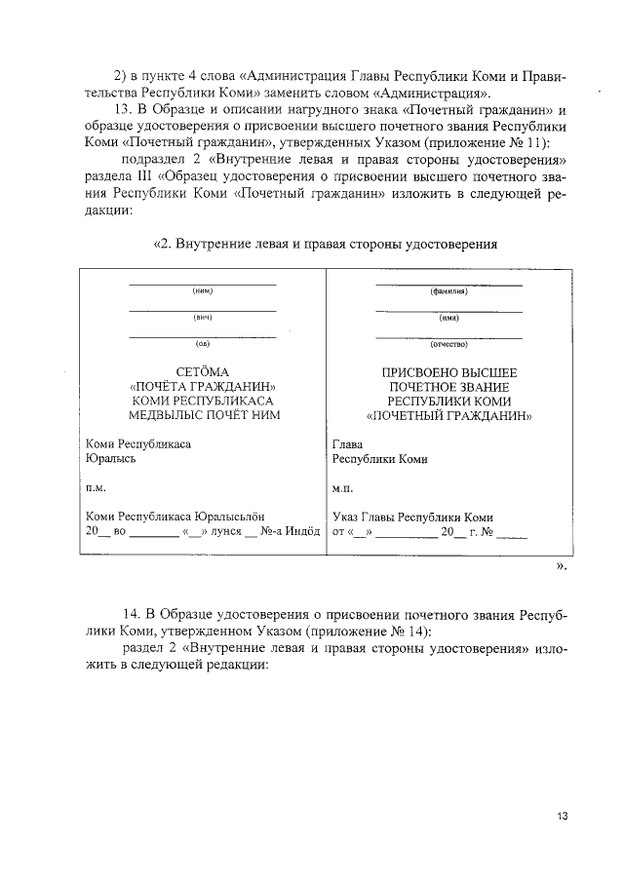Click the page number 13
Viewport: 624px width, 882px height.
[x=563, y=815]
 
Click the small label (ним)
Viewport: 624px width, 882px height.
[x=203, y=291]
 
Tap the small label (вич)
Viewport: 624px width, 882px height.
[x=203, y=318]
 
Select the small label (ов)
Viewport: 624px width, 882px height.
[x=203, y=344]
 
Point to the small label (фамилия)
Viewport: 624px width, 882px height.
[x=448, y=291]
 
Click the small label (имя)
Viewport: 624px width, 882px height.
[x=448, y=318]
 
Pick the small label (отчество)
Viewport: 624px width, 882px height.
[x=448, y=344]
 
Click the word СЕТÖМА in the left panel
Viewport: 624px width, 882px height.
[x=203, y=372]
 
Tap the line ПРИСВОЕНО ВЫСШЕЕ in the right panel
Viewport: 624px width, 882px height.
[x=448, y=372]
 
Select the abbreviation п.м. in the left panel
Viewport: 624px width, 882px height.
[x=96, y=486]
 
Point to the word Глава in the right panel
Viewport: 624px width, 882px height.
[x=348, y=444]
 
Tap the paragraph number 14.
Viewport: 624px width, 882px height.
[x=131, y=617]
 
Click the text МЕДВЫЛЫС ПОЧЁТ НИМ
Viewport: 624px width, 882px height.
[x=203, y=414]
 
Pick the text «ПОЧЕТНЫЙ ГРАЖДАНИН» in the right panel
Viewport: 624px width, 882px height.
[x=448, y=414]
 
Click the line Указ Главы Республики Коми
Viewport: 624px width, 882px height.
[x=412, y=517]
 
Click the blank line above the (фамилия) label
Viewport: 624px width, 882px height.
[x=448, y=284]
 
